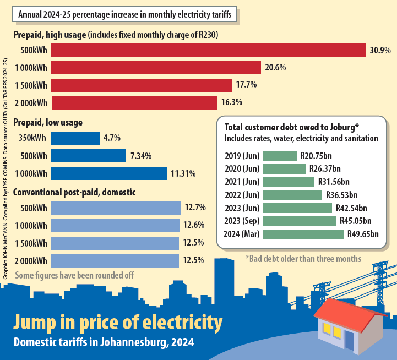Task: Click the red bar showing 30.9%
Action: coord(208,50)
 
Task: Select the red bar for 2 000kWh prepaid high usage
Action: coord(134,103)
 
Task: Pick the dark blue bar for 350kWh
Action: coord(75,138)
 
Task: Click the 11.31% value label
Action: coord(184,173)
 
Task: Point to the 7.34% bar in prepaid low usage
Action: coord(88,156)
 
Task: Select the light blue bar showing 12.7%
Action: coord(116,208)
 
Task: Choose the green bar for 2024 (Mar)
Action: coord(303,234)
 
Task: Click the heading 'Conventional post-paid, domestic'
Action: coord(74,192)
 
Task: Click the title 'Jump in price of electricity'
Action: coord(118,322)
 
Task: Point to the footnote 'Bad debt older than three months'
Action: coord(303,258)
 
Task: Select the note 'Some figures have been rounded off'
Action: coord(74,274)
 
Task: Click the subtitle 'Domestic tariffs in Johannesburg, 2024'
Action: coord(104,342)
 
